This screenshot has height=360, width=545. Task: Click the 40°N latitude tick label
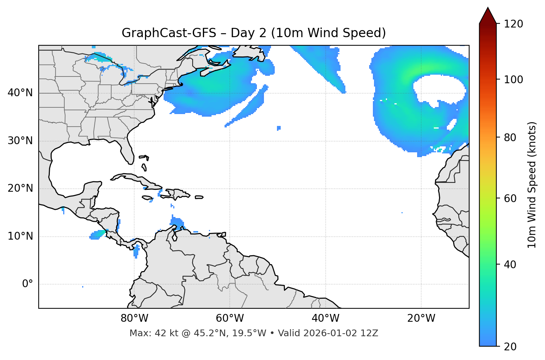(x=20, y=93)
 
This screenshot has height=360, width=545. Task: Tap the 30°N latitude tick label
(x=20, y=141)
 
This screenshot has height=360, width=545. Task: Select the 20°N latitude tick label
(x=20, y=188)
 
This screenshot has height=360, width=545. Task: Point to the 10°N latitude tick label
(x=20, y=236)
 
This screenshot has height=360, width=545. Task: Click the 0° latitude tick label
(x=28, y=284)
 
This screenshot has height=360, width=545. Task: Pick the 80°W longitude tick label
(x=134, y=318)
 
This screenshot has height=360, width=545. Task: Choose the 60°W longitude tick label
(x=230, y=318)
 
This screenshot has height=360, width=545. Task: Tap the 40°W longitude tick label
(x=325, y=318)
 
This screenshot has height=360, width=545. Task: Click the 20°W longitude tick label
(x=421, y=318)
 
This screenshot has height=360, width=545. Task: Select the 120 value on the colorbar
(x=513, y=24)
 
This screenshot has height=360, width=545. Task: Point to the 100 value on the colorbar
(x=513, y=80)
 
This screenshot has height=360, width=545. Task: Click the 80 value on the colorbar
(x=510, y=137)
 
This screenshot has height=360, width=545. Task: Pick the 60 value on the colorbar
(x=510, y=198)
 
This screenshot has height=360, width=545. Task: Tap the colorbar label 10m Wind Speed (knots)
(x=532, y=185)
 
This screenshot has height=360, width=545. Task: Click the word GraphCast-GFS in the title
(x=169, y=33)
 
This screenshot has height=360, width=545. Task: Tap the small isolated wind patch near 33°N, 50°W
(x=279, y=128)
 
